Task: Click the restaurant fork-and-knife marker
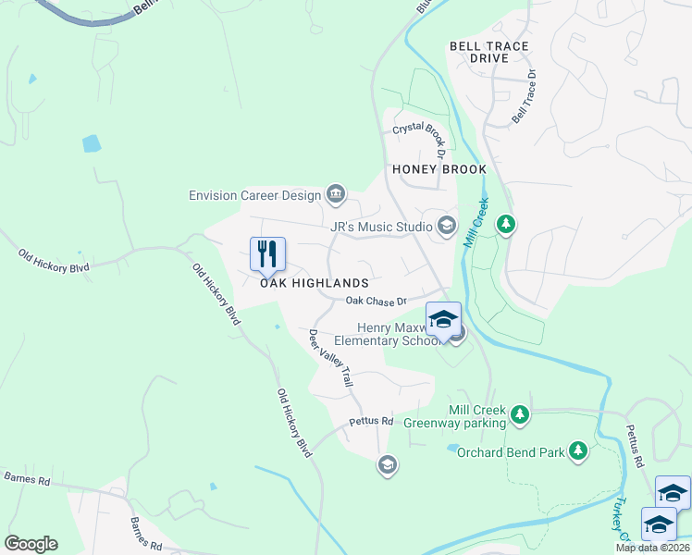(267, 254)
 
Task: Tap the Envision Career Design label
(254, 195)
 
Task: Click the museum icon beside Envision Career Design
(336, 194)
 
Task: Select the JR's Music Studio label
(381, 226)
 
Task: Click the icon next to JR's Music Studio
(447, 226)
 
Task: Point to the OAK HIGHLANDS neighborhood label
(315, 283)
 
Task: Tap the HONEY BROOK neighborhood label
(439, 169)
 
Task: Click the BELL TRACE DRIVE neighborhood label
(489, 52)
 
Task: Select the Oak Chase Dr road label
(377, 301)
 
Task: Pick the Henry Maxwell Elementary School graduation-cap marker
(443, 320)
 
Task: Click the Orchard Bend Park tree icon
(578, 450)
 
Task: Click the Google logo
(31, 544)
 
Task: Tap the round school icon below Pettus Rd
(388, 464)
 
